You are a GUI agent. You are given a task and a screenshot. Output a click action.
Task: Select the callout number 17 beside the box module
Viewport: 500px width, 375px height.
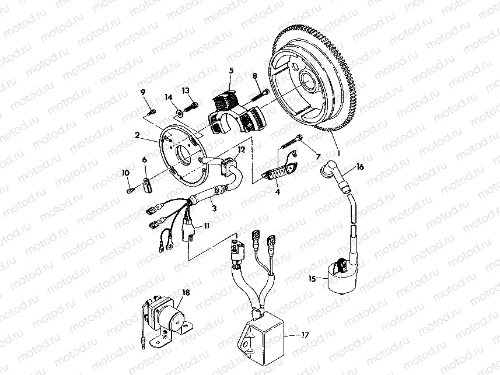(305, 335)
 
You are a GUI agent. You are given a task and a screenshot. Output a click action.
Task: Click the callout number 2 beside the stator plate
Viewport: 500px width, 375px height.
(137, 135)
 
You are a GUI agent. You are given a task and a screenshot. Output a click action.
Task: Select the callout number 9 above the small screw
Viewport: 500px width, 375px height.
(142, 92)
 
